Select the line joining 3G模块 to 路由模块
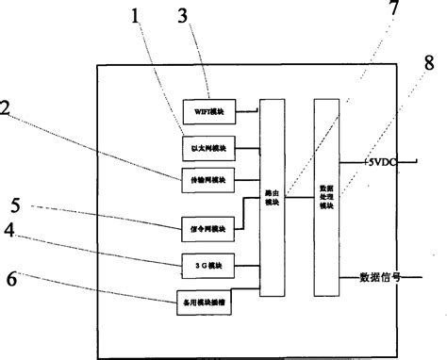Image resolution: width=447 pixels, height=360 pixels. pyautogui.click(x=247, y=266)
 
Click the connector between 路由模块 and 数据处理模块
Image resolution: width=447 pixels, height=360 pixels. pyautogui.click(x=302, y=197)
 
